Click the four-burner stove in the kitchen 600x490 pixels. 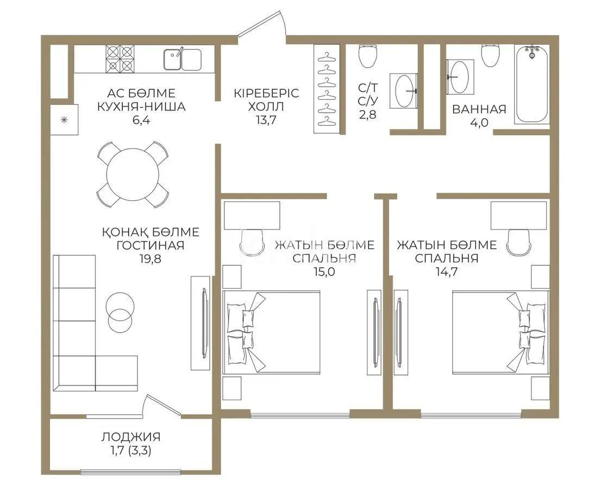point(120,58)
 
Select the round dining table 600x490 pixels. point(133,175)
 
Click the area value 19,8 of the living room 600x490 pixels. point(150,259)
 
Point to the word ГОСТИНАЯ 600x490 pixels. point(150,246)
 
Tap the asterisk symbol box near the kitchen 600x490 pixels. point(64,120)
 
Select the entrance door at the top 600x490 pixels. point(262,27)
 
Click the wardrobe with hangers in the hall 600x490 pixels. point(327,89)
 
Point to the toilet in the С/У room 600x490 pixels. point(368,55)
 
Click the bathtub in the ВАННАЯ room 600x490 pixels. point(532,84)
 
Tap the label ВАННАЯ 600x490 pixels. point(479,109)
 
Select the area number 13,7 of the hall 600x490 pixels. point(266,120)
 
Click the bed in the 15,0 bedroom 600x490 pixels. point(272,332)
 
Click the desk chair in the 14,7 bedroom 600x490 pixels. point(517,241)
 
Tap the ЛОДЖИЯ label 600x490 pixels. point(130,437)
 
